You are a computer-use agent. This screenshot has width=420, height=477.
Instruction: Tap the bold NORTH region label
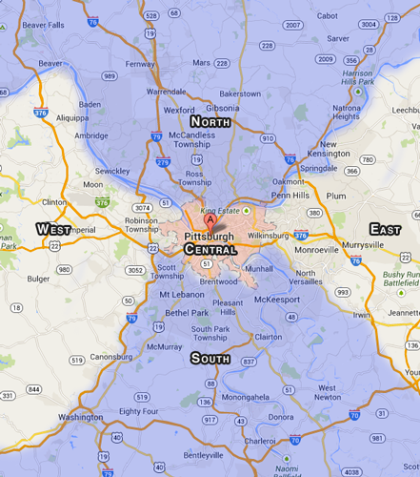click(x=210, y=122)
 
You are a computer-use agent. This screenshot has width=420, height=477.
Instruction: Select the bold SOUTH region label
click(x=210, y=359)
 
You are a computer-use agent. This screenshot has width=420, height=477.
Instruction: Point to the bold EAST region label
click(x=384, y=229)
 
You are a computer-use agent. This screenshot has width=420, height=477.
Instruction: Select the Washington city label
click(x=80, y=417)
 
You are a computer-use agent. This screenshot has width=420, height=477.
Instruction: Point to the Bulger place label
click(x=38, y=279)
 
